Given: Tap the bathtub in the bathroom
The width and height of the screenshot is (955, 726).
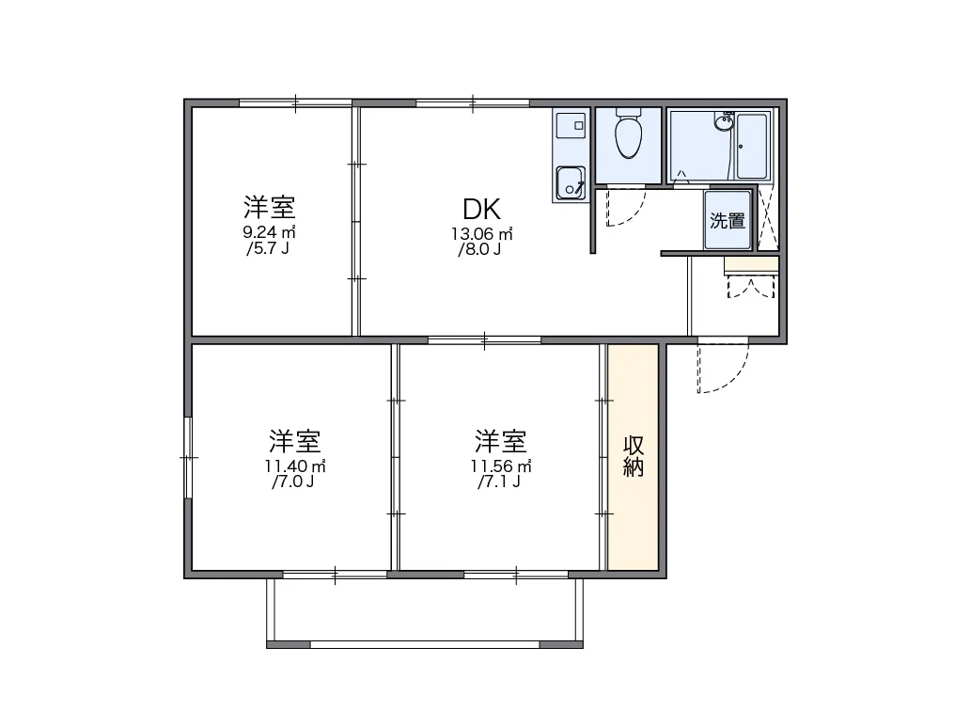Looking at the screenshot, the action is click(752, 146).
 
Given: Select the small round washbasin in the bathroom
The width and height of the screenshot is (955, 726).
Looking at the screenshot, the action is click(724, 123).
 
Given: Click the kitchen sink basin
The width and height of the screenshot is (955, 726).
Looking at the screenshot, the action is click(570, 182).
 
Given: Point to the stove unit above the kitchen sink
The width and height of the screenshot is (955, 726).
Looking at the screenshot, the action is click(571, 125).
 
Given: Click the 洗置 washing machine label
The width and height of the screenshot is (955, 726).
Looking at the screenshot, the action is click(728, 220).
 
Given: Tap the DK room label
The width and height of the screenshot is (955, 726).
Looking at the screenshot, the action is click(482, 209).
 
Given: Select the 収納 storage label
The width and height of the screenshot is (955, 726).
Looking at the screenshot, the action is click(634, 456).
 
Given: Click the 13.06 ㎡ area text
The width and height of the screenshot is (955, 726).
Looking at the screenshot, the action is click(482, 233).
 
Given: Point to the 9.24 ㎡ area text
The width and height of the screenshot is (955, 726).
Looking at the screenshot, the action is click(269, 232).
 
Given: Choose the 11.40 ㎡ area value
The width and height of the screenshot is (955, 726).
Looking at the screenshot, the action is click(295, 466).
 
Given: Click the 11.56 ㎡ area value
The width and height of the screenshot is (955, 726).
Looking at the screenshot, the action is click(501, 466).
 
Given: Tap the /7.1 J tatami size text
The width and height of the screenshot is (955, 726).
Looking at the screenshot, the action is click(499, 482).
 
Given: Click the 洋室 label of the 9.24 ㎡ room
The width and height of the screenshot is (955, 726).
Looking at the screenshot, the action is click(270, 207).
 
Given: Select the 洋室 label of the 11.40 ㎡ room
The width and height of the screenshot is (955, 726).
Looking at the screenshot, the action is click(295, 441).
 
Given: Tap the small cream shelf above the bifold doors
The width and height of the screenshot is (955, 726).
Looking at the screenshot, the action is click(751, 264).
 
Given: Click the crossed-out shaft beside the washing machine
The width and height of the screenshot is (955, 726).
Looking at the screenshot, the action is click(768, 218).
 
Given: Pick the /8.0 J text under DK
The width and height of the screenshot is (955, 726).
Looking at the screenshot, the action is click(480, 249).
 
